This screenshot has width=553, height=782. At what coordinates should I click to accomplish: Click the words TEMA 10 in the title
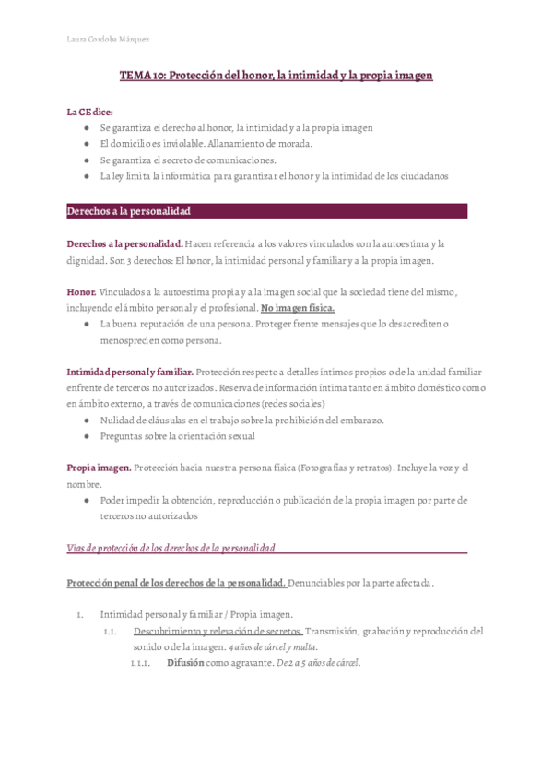141,75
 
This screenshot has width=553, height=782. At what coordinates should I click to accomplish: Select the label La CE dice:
89,111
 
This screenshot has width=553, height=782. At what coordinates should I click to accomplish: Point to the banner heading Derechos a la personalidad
128,211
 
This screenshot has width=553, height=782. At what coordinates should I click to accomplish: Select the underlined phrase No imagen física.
298,307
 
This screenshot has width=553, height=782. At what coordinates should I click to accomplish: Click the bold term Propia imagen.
99,468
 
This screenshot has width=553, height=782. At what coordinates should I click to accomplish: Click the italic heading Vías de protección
171,549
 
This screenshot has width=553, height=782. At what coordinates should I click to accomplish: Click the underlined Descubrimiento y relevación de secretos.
218,631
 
